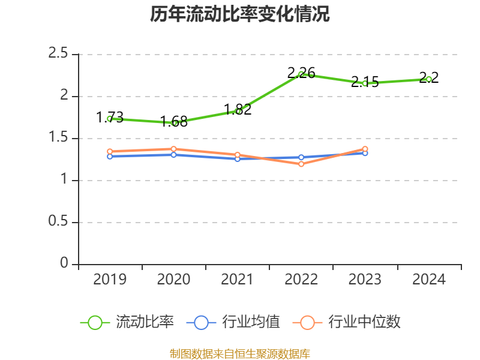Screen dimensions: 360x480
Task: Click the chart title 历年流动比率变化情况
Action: tap(240, 14)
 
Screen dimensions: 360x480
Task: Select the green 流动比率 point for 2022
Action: tap(301, 74)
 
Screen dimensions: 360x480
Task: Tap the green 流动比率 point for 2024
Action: tap(429, 79)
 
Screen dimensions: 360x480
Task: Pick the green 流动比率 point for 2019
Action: tap(110, 119)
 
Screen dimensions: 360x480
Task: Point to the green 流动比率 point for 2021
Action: tap(238, 111)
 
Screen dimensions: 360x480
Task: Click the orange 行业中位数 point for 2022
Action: tap(301, 164)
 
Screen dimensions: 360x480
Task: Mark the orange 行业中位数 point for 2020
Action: tap(173, 149)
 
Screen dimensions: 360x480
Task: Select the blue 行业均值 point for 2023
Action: tap(365, 153)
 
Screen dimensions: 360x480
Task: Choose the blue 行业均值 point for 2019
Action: tap(110, 157)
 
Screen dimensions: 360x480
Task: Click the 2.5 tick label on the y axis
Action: tap(59, 54)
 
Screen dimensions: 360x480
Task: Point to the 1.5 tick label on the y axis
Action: tap(59, 138)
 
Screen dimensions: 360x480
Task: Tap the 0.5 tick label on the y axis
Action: tap(59, 222)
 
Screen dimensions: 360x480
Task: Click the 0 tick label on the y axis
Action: tap(65, 264)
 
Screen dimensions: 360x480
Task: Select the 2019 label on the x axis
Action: tap(110, 280)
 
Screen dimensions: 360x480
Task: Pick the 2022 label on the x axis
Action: tap(301, 280)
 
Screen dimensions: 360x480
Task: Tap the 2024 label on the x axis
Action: tap(429, 280)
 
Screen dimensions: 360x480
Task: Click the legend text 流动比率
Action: tap(145, 322)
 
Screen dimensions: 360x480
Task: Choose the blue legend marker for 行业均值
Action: tap(201, 322)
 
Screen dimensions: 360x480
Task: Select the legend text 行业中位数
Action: tap(364, 322)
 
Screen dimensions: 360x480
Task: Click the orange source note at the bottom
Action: tap(240, 353)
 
